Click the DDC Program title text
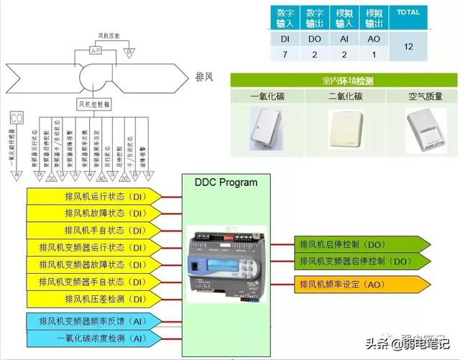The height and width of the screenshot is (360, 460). [x=226, y=183]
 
